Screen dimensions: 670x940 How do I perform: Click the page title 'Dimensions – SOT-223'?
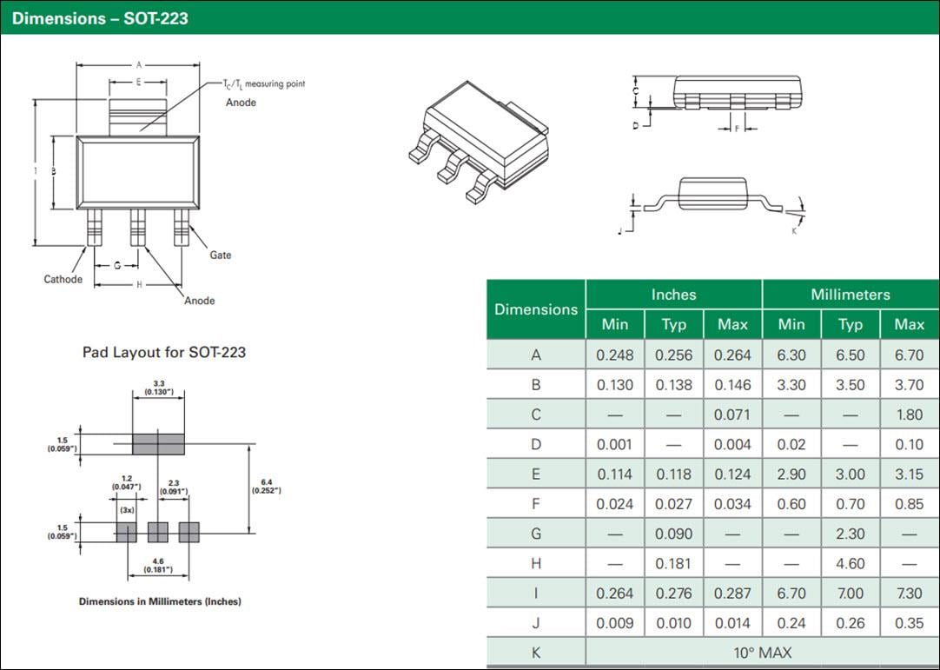point(100,17)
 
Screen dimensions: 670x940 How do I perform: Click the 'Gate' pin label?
point(220,255)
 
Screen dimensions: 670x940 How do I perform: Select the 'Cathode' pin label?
point(63,279)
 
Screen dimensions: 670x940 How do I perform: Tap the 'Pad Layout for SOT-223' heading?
point(164,352)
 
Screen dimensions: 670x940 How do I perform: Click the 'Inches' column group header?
point(673,295)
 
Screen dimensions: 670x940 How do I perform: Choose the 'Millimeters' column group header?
point(850,295)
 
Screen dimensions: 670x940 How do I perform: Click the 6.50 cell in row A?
point(850,355)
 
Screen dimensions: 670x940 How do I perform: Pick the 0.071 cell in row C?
point(732,415)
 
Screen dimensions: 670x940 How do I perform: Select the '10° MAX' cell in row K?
point(762,652)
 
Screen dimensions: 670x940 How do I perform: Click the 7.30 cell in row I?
point(909,594)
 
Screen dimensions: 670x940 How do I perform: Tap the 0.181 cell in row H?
point(673,563)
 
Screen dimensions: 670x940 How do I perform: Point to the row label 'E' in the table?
point(536,474)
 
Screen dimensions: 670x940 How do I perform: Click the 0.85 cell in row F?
point(909,504)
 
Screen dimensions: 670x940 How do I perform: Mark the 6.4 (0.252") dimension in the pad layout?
point(266,486)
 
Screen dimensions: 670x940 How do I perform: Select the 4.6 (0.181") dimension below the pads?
point(157,566)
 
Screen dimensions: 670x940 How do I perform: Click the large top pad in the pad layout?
point(158,443)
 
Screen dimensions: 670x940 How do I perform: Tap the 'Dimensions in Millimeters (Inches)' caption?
point(160,601)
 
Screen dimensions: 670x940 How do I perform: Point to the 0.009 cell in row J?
point(614,623)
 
